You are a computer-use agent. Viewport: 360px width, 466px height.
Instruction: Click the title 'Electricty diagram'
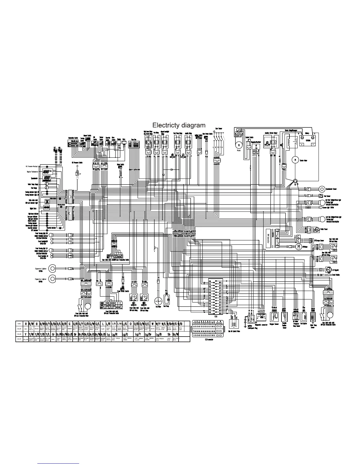coord(179,125)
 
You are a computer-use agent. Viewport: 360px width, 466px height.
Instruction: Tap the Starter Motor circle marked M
coord(295,160)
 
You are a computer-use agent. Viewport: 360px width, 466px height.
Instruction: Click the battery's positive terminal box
coord(301,144)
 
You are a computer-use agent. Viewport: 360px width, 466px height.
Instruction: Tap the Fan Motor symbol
coord(158,301)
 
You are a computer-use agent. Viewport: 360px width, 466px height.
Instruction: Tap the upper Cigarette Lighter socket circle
coord(52,268)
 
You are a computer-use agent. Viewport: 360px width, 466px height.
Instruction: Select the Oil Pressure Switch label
coord(77,162)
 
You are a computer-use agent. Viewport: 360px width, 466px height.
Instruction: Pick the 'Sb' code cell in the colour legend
coord(169,334)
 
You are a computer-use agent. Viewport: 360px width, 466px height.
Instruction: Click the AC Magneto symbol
coord(328,269)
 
